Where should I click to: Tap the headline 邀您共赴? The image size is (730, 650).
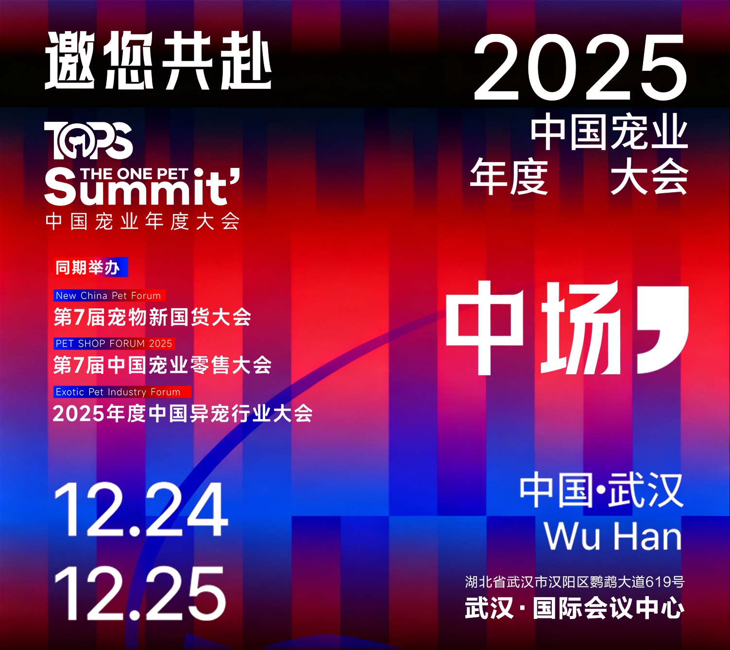click(158, 61)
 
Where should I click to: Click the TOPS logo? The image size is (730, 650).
click(88, 140)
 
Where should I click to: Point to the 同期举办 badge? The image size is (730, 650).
click(90, 267)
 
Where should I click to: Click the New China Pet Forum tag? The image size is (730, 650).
click(109, 296)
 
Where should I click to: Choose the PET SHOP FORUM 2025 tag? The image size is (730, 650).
click(114, 344)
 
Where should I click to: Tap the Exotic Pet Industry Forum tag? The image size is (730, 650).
click(121, 392)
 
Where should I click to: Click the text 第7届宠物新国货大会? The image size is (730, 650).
click(152, 317)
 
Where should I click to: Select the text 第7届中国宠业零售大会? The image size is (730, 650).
click(162, 366)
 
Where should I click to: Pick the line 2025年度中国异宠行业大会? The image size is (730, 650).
click(182, 414)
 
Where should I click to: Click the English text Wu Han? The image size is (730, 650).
click(612, 536)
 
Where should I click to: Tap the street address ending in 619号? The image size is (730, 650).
click(575, 582)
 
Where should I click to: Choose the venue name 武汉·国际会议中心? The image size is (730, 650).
click(575, 608)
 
